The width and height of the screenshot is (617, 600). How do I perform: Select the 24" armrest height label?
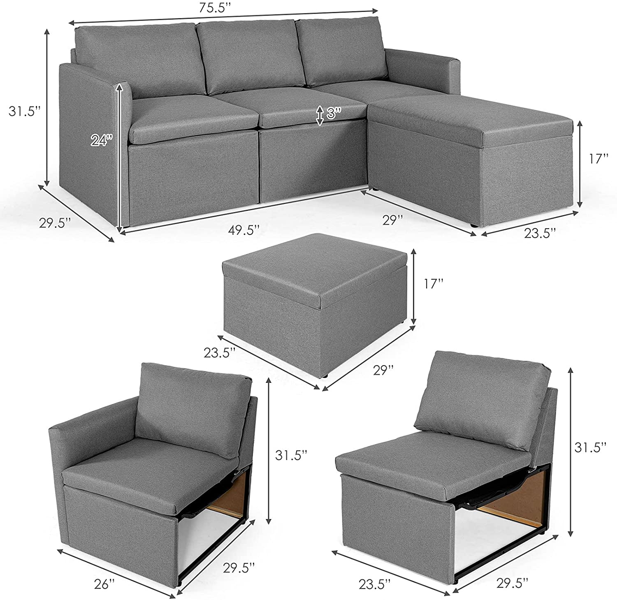point(102,140)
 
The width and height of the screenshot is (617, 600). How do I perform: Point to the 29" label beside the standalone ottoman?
point(383,369)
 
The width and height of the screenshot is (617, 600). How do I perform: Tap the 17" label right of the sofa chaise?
point(596,159)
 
